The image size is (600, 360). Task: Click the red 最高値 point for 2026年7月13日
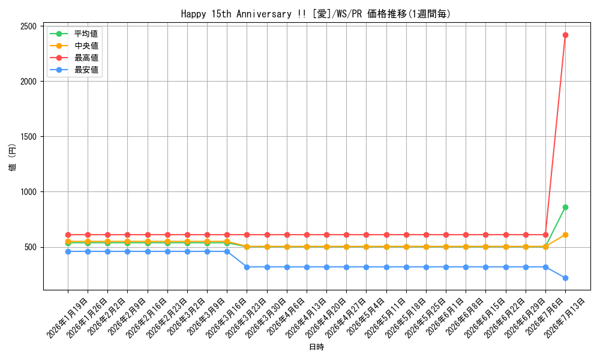565,35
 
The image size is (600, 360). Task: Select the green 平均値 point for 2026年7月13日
565,208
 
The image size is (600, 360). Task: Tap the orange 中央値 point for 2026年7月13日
565,235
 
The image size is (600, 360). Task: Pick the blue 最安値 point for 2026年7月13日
565,278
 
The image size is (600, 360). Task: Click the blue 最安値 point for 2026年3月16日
227,252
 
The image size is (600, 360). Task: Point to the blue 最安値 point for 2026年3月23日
247,267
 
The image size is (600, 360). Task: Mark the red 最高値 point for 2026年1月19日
68,235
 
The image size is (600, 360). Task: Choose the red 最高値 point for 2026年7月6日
545,235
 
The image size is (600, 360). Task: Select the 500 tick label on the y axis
31,247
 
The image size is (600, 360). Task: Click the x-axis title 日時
316,347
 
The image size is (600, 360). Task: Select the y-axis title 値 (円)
13,157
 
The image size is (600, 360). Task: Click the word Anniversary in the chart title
264,14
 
